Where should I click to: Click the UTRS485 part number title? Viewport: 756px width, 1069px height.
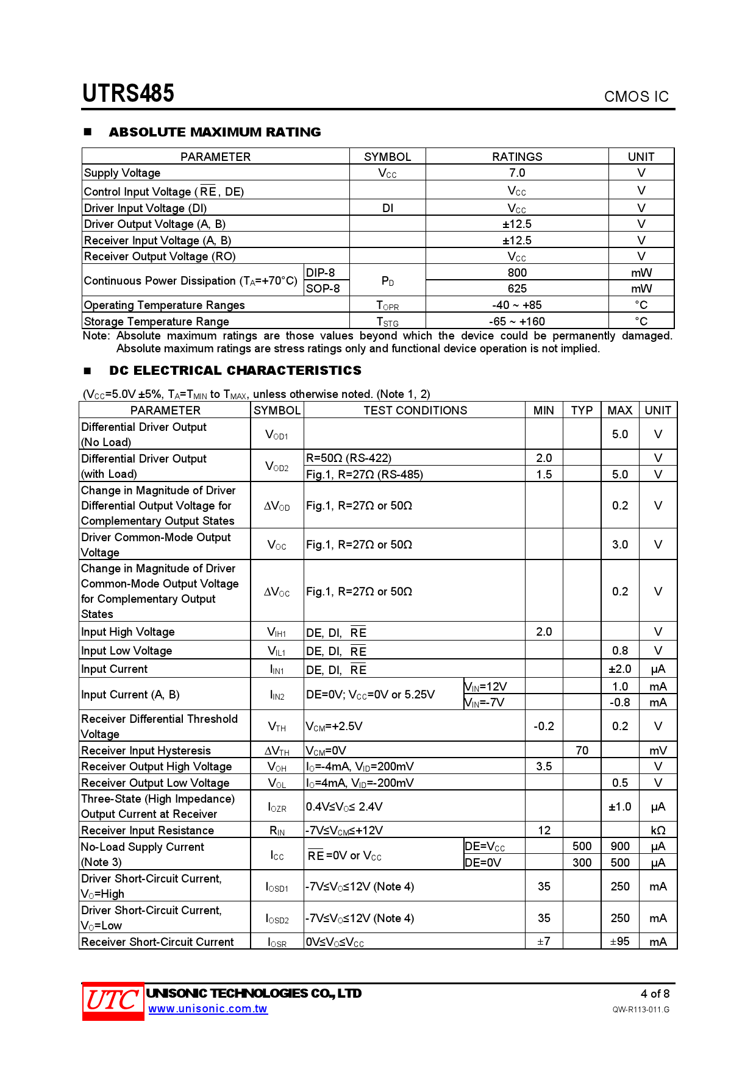pos(129,93)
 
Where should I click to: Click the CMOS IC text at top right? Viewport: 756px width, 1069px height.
pos(636,97)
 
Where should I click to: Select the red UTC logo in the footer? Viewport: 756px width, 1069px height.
pos(113,1001)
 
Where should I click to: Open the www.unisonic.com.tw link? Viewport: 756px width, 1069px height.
pos(208,1009)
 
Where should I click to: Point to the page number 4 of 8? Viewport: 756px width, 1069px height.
pos(655,993)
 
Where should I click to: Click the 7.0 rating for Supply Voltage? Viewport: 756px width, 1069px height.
pos(517,173)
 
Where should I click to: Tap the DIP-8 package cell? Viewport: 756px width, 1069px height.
pos(321,272)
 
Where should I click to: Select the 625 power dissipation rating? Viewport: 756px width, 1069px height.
pos(517,288)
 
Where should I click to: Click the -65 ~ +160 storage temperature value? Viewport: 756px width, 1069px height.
pos(517,321)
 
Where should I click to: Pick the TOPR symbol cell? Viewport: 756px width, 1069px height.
pos(388,305)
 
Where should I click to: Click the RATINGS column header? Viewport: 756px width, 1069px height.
pos(517,157)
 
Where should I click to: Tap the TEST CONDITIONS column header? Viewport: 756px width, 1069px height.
pos(415,410)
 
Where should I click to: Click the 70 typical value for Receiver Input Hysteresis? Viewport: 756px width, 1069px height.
pos(582,750)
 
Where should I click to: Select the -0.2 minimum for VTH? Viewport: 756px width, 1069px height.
pos(544,726)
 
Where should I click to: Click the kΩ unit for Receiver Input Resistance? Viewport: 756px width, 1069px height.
pos(658,830)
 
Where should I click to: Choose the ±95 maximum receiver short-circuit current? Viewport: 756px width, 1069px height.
pos(620,942)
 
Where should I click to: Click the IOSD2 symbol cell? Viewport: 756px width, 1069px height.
pos(277,918)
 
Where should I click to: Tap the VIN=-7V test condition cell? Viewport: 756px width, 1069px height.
pos(485,702)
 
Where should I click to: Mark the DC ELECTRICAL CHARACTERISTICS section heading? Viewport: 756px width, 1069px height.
pos(235,371)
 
